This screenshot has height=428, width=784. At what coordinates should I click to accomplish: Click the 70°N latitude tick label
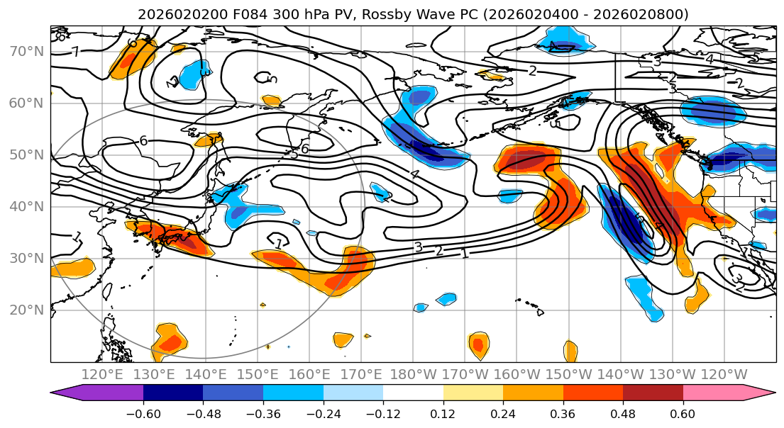coord(26,51)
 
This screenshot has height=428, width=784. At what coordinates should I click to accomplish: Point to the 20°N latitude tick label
coord(26,310)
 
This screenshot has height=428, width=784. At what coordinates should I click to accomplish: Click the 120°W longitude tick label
coord(724,374)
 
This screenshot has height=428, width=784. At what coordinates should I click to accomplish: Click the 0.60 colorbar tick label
coord(683,412)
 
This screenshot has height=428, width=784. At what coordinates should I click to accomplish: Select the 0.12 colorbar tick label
coord(443,412)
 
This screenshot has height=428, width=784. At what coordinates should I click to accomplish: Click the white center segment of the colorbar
coord(413,394)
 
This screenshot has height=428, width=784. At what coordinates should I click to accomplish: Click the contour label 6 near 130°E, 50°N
coord(143,140)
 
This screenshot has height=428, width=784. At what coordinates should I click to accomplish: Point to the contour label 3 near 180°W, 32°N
coord(419,247)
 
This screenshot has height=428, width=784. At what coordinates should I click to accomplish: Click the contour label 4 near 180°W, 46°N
coord(415,174)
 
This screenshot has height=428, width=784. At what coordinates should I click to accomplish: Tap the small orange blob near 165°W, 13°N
coord(479,345)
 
